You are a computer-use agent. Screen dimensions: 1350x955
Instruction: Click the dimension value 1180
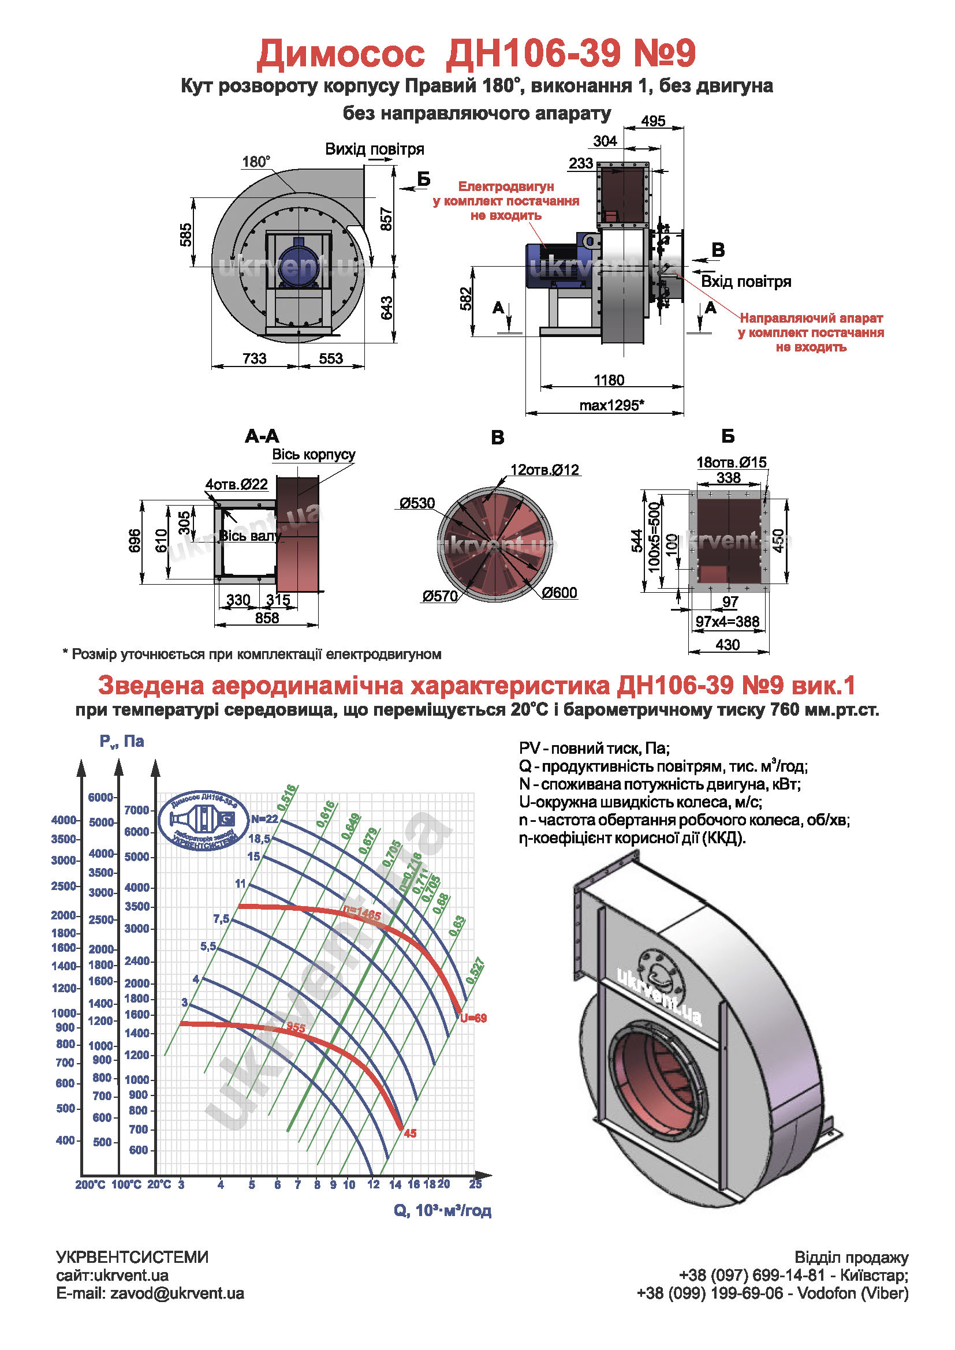(609, 380)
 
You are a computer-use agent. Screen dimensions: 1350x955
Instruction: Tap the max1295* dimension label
(611, 405)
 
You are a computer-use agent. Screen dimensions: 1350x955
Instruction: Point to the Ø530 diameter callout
(417, 503)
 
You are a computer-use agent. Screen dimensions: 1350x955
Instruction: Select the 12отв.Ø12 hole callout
(544, 470)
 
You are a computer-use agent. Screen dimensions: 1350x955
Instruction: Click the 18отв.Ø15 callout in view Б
(731, 462)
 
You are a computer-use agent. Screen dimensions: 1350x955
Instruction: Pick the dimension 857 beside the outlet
(386, 219)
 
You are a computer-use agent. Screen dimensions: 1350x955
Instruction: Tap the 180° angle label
(256, 162)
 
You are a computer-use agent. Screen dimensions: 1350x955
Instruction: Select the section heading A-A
(262, 436)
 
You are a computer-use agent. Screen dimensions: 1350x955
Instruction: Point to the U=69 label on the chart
(473, 1018)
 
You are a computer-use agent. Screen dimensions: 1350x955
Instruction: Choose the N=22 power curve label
(264, 819)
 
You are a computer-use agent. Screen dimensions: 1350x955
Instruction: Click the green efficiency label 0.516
(287, 798)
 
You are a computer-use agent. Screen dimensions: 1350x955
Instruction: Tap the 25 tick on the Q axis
(475, 1184)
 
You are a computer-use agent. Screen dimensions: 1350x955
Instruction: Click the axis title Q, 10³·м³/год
(442, 1211)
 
